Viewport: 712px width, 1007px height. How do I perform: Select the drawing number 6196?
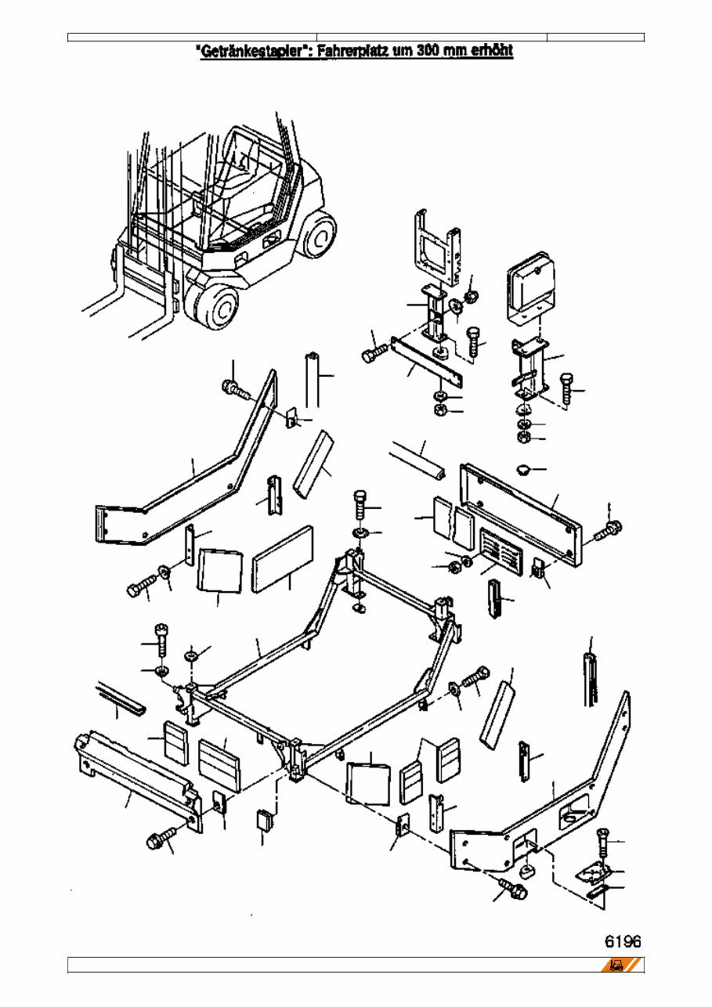click(x=623, y=940)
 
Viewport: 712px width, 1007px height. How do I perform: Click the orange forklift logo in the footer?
click(x=621, y=965)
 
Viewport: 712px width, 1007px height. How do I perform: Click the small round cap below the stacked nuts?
click(x=524, y=468)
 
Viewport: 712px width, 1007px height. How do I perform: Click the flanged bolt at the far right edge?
click(x=608, y=530)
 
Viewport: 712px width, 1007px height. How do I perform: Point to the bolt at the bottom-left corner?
click(x=156, y=842)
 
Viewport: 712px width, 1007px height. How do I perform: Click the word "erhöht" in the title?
click(x=491, y=52)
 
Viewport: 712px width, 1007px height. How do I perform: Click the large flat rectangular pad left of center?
click(x=283, y=558)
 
